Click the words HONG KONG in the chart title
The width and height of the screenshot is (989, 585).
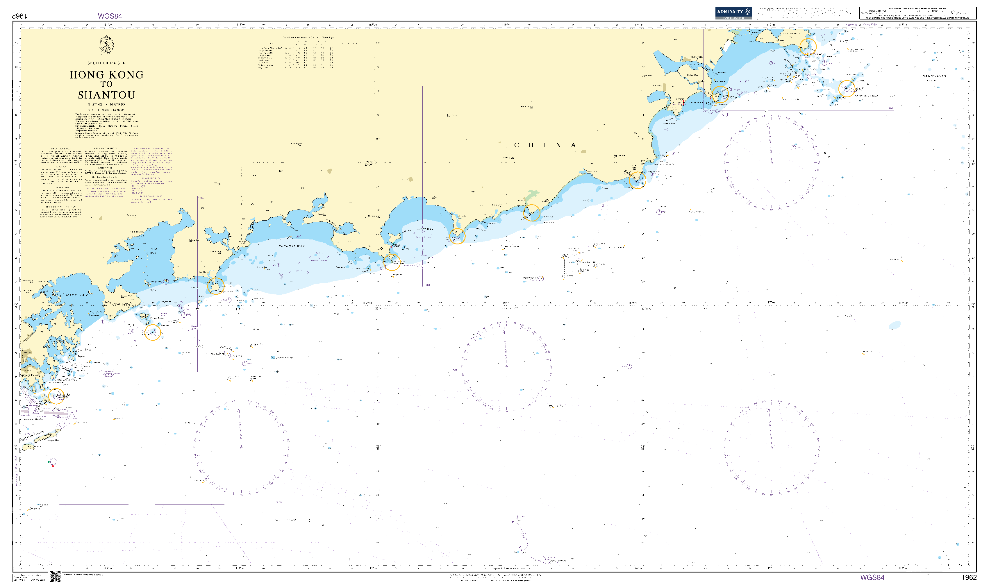[106, 75]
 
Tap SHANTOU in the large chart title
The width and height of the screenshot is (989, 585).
[106, 95]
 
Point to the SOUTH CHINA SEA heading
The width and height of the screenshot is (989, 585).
[106, 63]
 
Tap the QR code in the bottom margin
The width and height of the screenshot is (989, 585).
[55, 576]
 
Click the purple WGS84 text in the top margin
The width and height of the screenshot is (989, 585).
[110, 16]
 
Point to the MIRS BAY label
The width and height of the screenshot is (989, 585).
[77, 295]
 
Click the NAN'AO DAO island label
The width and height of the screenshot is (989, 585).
[791, 33]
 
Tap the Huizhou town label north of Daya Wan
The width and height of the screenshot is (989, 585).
[136, 232]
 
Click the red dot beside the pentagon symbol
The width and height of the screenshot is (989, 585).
[53, 466]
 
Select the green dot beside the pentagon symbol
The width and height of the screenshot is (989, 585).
[49, 461]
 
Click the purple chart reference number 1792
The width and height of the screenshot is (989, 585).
[890, 108]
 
